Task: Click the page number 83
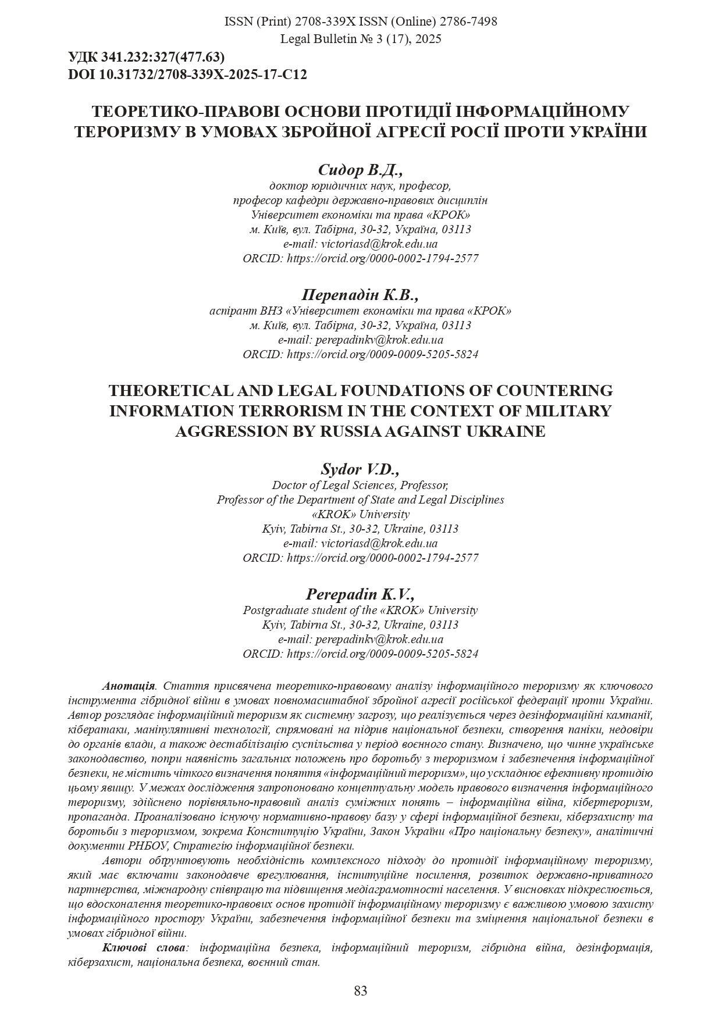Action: [360, 990]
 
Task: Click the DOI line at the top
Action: [187, 74]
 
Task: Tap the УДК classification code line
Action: [146, 57]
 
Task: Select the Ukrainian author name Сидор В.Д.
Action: [360, 170]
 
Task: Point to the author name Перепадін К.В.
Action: [360, 295]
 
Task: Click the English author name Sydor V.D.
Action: [360, 469]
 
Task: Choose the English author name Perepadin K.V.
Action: [360, 594]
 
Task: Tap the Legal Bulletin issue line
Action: [360, 39]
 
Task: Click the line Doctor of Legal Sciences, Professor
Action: [360, 485]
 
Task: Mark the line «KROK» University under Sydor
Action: [360, 514]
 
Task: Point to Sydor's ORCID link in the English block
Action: [382, 558]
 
